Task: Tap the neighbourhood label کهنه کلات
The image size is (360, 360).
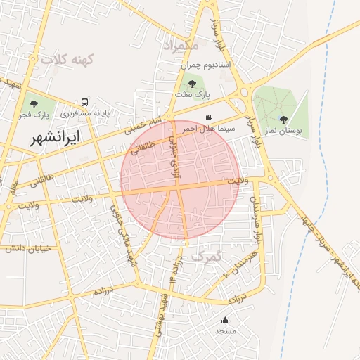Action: pos(67,60)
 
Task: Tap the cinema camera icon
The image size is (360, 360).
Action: pos(208,117)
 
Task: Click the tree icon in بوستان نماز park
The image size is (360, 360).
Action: pos(283,120)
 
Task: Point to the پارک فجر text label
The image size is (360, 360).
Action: pos(34,115)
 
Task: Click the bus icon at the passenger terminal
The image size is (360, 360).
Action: pos(85,102)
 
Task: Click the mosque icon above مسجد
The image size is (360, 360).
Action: pos(225,321)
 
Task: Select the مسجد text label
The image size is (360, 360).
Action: pos(225,330)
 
